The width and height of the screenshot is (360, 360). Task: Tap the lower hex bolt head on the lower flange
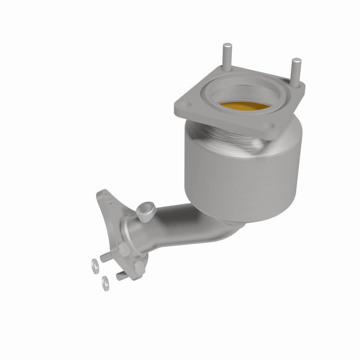(138, 269)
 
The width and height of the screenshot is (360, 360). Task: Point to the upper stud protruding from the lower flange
(106, 257)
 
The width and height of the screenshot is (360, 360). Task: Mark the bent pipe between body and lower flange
(180, 225)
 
